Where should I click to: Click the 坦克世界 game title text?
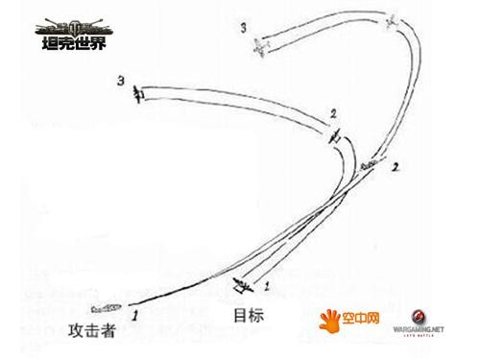point(68,43)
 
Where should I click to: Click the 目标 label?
point(248,314)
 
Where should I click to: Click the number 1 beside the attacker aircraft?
point(136,313)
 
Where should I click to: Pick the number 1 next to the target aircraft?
point(266,286)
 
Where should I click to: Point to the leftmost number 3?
point(119,80)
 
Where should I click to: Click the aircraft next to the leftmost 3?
point(139,92)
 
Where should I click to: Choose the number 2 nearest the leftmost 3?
point(333,114)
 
